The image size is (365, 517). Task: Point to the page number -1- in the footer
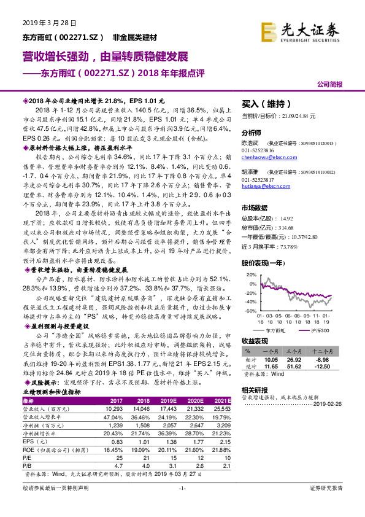(x=182, y=505)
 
